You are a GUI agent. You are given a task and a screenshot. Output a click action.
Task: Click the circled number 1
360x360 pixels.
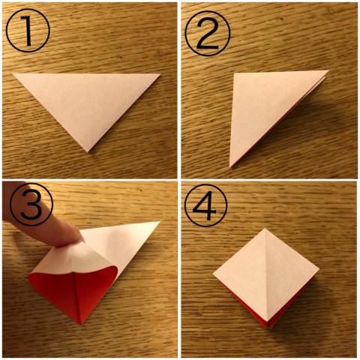click(x=28, y=31)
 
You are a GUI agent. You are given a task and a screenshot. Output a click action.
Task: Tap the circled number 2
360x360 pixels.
click(x=208, y=33)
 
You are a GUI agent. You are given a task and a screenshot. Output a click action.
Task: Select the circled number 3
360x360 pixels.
click(x=31, y=205)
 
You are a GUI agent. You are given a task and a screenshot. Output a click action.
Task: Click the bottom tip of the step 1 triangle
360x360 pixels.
click(x=87, y=151)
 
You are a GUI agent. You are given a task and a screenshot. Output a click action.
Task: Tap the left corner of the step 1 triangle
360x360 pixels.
click(x=13, y=73)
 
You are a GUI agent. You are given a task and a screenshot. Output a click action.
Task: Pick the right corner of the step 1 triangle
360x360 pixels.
click(x=160, y=74)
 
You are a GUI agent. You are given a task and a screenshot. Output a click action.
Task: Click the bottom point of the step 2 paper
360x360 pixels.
click(x=230, y=167)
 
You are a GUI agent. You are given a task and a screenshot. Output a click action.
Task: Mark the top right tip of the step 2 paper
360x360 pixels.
click(x=328, y=71)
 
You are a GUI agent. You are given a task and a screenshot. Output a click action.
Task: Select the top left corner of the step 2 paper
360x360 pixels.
click(x=234, y=73)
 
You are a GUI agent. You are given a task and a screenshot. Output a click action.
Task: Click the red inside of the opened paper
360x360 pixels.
click(x=75, y=290)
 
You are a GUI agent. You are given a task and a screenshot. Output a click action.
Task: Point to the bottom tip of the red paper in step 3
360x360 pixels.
click(x=80, y=325)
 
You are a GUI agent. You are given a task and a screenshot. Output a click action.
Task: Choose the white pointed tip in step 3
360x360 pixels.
click(x=159, y=222)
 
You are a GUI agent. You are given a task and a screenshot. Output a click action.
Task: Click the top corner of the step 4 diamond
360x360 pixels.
click(x=265, y=229)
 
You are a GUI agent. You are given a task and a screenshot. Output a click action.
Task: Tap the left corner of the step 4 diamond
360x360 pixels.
click(x=214, y=274)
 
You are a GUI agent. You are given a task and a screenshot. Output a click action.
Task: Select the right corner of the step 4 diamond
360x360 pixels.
click(x=319, y=270)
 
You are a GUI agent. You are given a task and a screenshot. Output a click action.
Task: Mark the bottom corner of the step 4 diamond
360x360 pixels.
click(x=268, y=327)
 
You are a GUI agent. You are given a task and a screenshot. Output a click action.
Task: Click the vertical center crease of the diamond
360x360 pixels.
click(x=266, y=275)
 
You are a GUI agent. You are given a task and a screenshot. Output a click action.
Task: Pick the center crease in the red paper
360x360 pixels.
click(x=77, y=298)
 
